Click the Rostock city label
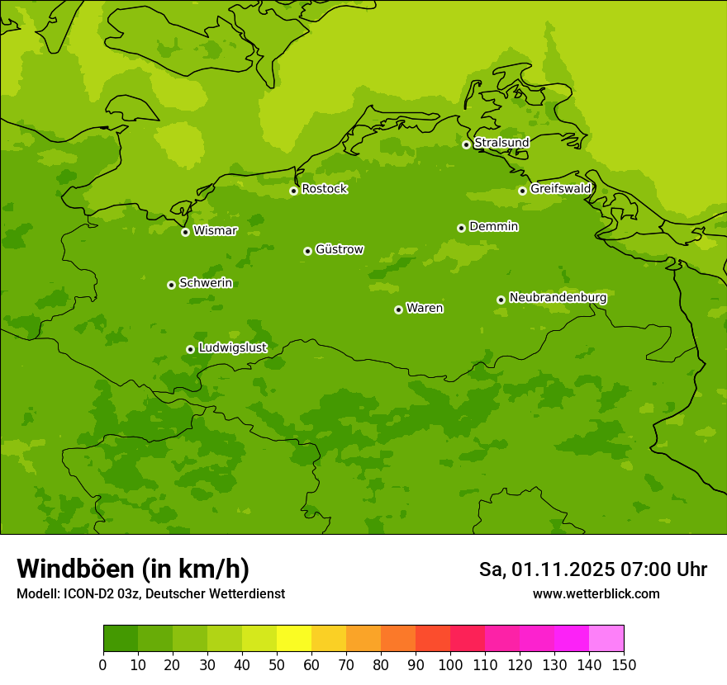(x=324, y=189)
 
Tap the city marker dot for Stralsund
(x=466, y=144)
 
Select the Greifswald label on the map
(x=560, y=189)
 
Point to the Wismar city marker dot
(x=186, y=232)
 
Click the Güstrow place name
(x=339, y=249)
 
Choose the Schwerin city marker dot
(x=172, y=285)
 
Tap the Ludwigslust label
(x=232, y=348)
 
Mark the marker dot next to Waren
(x=398, y=309)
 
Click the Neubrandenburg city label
(x=558, y=298)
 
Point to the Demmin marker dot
(x=461, y=228)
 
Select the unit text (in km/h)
(x=195, y=569)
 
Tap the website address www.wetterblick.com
(x=596, y=594)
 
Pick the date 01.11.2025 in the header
(x=563, y=569)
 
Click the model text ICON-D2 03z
(x=101, y=594)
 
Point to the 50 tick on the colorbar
(x=277, y=665)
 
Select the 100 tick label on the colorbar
(x=450, y=665)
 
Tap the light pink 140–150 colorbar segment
(x=606, y=639)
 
